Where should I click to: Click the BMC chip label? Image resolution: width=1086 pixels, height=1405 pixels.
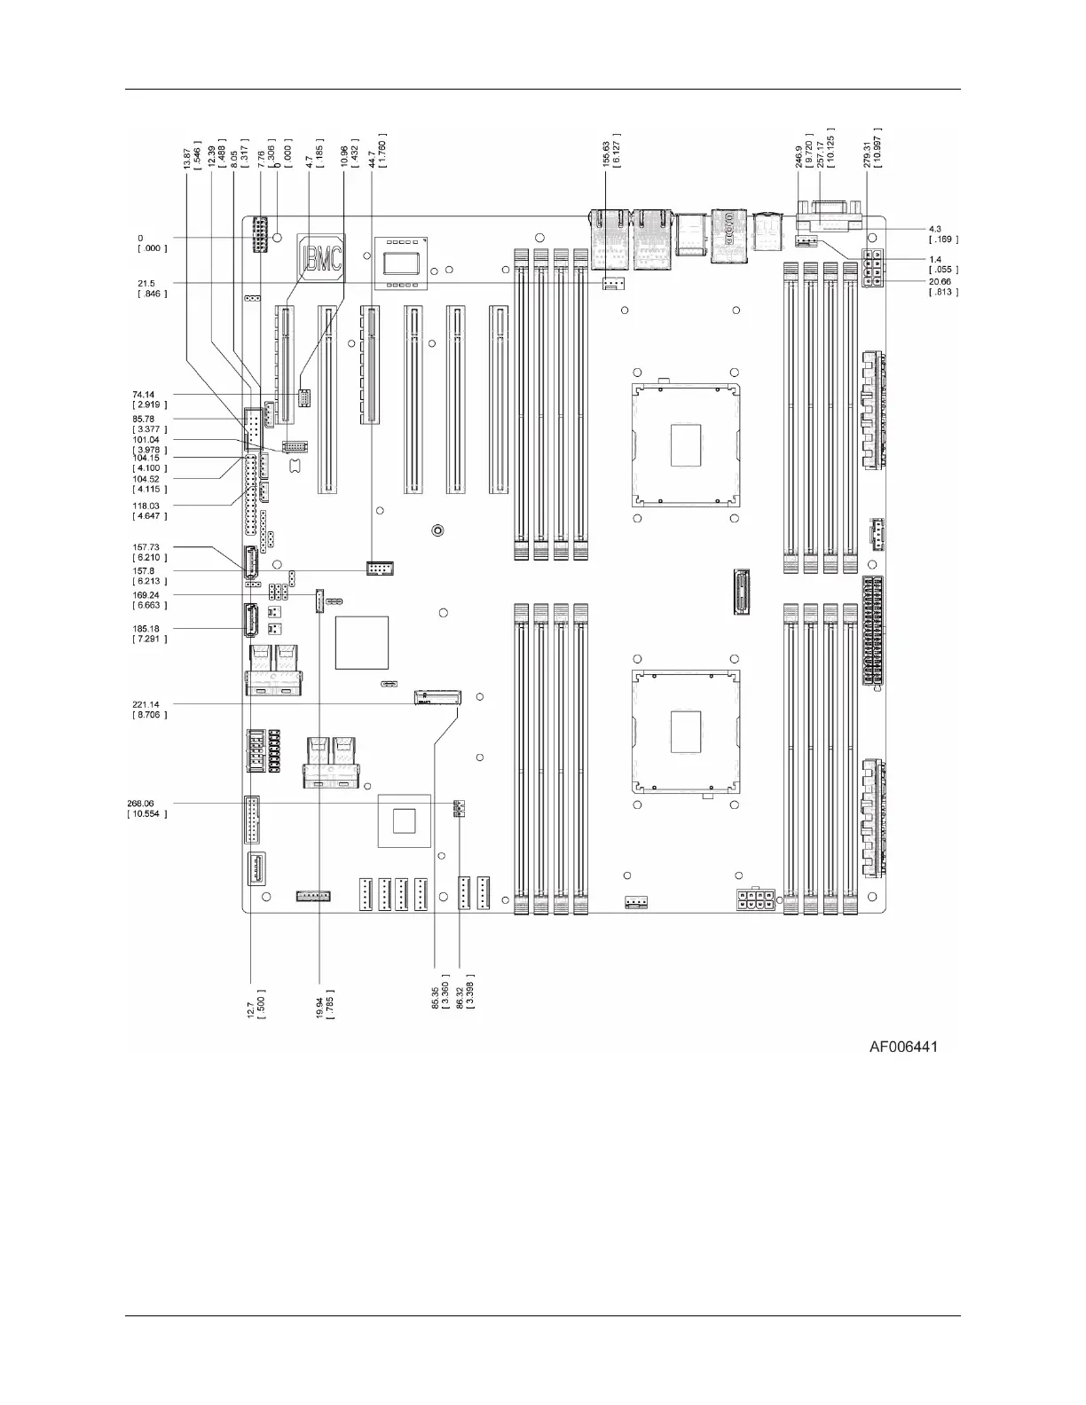tap(321, 258)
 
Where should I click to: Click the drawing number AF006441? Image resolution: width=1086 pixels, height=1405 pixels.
tap(903, 1047)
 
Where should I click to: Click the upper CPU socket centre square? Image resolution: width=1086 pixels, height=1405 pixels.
tap(687, 444)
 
